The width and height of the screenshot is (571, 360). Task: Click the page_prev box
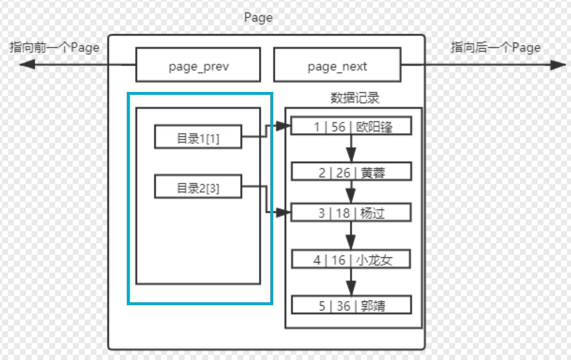pyautogui.click(x=198, y=65)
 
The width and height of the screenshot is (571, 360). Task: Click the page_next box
pyautogui.click(x=337, y=65)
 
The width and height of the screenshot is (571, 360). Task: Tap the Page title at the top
pyautogui.click(x=258, y=18)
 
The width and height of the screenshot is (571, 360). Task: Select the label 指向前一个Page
pyautogui.click(x=54, y=47)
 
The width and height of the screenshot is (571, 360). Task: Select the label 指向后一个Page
pyautogui.click(x=496, y=47)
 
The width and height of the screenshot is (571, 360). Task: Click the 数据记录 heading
pyautogui.click(x=354, y=98)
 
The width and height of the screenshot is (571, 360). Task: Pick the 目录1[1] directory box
pyautogui.click(x=198, y=137)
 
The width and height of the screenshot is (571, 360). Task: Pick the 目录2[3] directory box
pyautogui.click(x=198, y=187)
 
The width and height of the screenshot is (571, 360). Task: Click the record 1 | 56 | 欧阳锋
pyautogui.click(x=351, y=126)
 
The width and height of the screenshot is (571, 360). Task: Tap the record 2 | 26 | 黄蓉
pyautogui.click(x=351, y=172)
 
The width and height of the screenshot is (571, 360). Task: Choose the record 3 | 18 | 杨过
pyautogui.click(x=351, y=213)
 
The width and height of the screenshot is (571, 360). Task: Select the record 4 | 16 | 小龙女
pyautogui.click(x=351, y=259)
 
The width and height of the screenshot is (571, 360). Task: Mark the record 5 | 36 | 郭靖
pyautogui.click(x=351, y=305)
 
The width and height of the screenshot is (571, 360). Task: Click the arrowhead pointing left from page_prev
pyautogui.click(x=27, y=65)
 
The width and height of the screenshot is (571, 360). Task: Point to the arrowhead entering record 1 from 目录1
pyautogui.click(x=283, y=126)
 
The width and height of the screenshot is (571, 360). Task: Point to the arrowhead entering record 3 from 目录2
pyautogui.click(x=283, y=213)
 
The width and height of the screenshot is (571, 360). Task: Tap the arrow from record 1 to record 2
pyautogui.click(x=351, y=149)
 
